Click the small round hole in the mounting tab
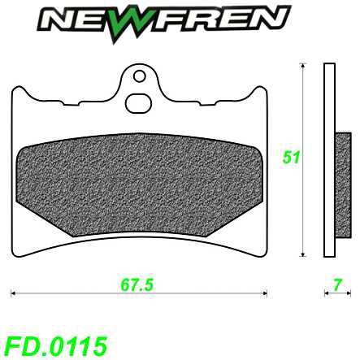[139, 77]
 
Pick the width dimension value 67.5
[137, 284]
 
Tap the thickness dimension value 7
[335, 284]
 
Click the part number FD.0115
[54, 345]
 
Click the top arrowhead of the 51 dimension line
[302, 67]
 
